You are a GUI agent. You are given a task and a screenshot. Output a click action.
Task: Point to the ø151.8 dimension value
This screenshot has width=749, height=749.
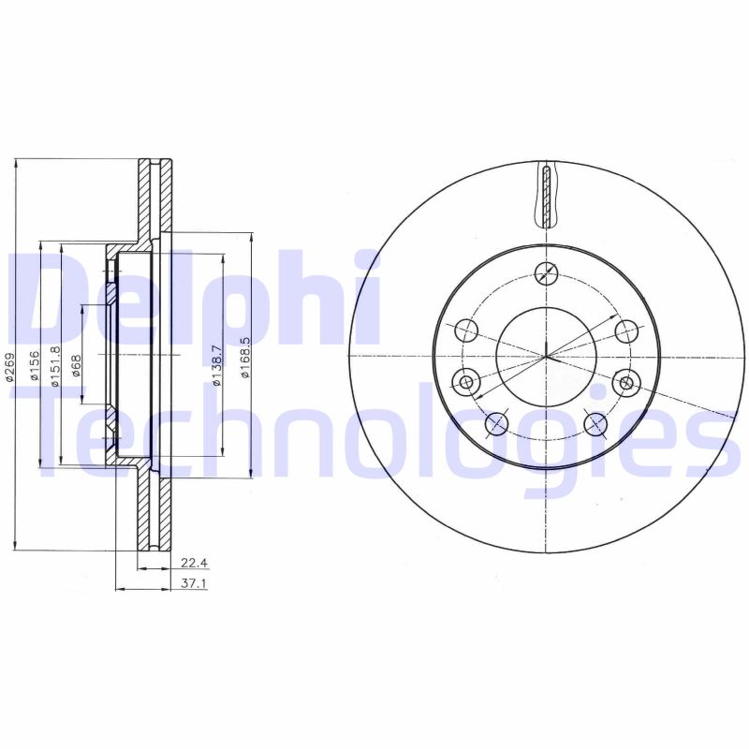(x=55, y=363)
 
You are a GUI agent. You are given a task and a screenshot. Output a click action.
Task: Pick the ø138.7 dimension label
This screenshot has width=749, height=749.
(x=217, y=361)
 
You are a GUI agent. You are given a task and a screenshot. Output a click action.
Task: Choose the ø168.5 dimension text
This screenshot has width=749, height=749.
(x=245, y=359)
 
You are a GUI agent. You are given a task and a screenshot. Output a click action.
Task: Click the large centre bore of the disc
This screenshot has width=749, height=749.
(x=546, y=356)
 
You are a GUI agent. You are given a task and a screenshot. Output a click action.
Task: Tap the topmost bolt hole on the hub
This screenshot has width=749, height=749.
(x=546, y=272)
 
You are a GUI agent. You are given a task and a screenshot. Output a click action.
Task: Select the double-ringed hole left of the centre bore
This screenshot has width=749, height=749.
(x=465, y=381)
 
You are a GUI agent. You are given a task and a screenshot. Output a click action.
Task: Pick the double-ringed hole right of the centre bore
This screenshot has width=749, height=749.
(x=625, y=381)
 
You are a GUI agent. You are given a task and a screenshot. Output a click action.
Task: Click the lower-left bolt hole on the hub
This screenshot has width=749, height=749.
(x=496, y=424)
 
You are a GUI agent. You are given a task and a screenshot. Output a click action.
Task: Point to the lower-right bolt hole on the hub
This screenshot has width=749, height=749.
(x=595, y=424)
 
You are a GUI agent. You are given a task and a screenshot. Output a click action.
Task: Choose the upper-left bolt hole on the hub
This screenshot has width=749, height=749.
(x=466, y=330)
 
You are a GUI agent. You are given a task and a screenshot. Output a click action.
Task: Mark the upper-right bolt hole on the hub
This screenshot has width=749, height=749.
(x=625, y=330)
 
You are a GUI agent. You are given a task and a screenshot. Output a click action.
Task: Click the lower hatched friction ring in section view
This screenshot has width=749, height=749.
(x=155, y=510)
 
